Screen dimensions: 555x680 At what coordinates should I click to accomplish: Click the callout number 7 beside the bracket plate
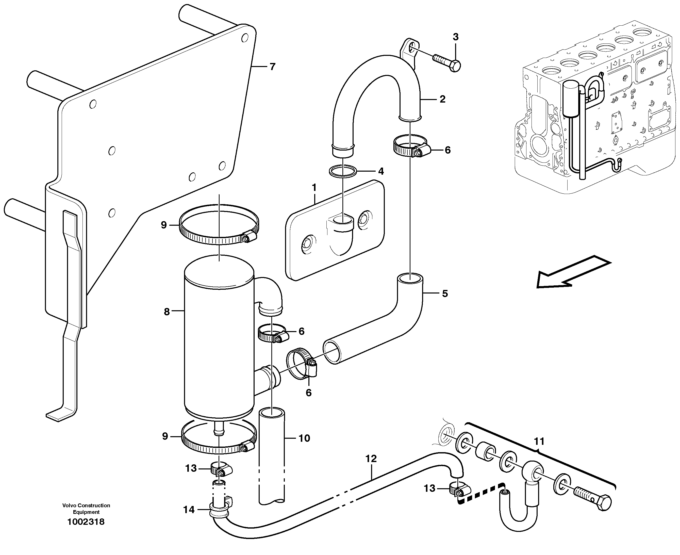(272, 67)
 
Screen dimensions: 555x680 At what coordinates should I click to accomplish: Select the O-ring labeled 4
(343, 171)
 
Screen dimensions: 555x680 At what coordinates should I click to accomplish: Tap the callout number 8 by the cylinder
(167, 312)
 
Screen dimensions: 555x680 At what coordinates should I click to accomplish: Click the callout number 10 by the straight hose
(304, 438)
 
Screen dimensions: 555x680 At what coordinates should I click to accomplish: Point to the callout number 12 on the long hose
(371, 459)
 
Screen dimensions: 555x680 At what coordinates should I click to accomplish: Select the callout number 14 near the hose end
(189, 510)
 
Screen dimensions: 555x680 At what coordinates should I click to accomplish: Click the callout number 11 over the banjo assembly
(539, 442)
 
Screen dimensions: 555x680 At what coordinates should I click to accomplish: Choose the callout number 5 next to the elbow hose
(445, 293)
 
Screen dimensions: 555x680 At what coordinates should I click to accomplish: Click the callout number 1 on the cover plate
(314, 188)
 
